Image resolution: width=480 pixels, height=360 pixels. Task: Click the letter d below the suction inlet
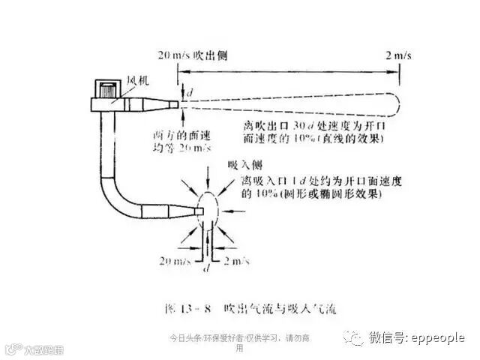click(x=206, y=268)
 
